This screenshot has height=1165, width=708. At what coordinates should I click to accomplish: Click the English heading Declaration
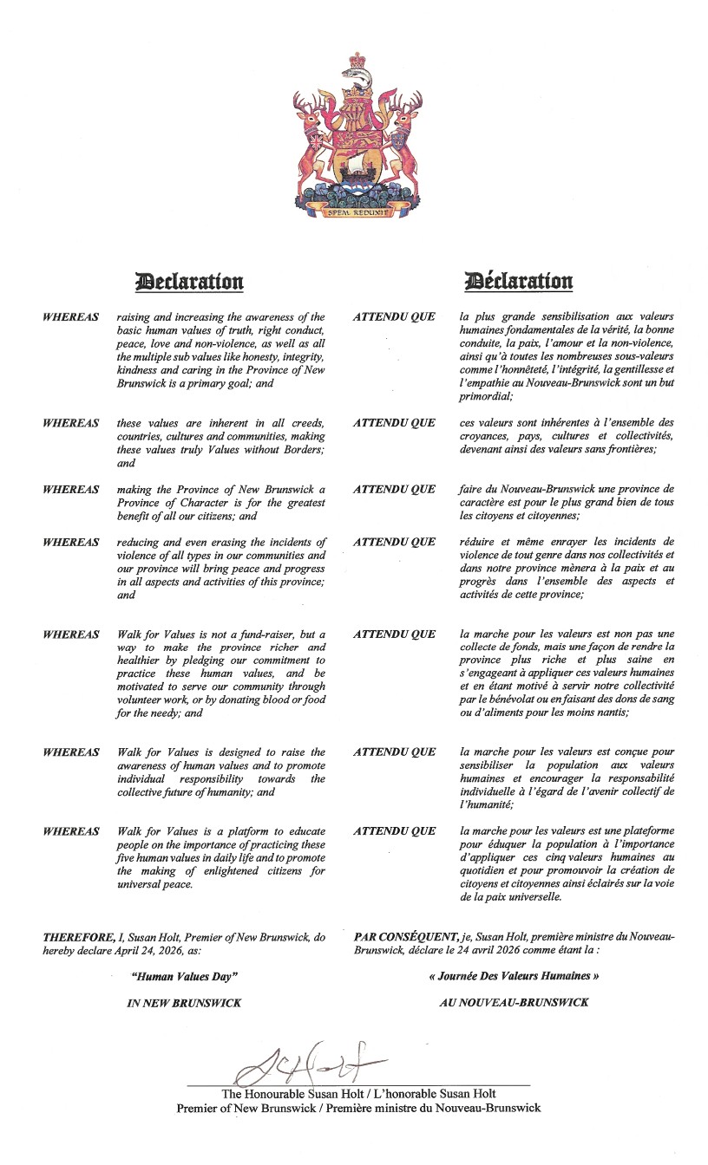coord(189,282)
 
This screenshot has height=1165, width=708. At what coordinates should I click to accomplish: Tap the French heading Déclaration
coord(519,282)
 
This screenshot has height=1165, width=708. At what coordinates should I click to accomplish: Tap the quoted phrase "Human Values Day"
coord(184,976)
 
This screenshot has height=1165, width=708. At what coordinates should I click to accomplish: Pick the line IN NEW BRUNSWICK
coord(184,1003)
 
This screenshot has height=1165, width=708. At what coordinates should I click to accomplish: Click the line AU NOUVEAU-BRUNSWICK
coord(515,1003)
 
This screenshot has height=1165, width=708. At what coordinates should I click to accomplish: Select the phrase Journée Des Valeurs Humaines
coord(515,976)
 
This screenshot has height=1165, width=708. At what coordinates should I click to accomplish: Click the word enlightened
coord(232,871)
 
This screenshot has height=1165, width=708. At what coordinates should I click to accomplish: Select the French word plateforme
coord(643,831)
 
